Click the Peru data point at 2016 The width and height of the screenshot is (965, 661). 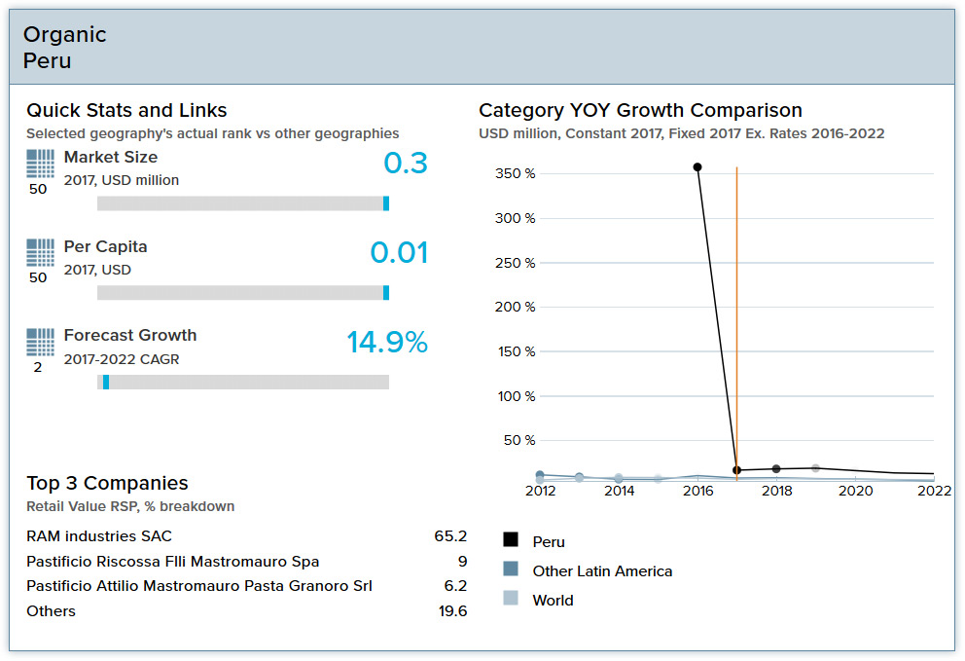697,167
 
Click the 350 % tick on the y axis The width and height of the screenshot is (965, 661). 516,174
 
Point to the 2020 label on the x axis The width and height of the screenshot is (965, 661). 856,492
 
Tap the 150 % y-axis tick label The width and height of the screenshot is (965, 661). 516,351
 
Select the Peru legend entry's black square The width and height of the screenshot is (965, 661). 511,540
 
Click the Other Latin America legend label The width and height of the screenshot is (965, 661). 602,571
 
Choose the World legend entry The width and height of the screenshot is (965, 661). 553,601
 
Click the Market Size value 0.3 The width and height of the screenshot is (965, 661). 406,164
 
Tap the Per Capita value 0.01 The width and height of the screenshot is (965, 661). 399,253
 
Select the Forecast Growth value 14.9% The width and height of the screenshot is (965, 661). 387,343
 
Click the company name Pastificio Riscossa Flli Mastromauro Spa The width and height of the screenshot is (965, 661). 172,562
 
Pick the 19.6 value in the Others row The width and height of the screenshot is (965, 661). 452,611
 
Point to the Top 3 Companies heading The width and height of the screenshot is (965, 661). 107,484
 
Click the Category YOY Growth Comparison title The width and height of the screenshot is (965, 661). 640,111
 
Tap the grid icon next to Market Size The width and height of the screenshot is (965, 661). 40,163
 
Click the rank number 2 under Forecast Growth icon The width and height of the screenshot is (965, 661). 38,368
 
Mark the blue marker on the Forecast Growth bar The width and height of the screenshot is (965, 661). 106,383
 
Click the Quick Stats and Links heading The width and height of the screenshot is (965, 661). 126,111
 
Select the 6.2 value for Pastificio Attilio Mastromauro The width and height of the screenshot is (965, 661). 455,586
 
